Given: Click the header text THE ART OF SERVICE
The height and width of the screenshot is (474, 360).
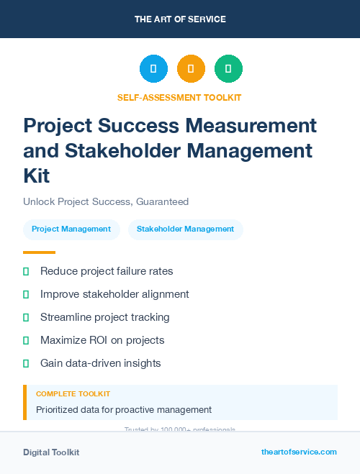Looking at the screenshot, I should click(x=180, y=19).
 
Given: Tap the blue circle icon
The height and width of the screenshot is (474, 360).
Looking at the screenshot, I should click(x=153, y=68).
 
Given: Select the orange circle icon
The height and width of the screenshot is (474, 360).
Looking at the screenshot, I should click(x=191, y=68).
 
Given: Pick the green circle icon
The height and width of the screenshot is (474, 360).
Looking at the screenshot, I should click(x=228, y=68).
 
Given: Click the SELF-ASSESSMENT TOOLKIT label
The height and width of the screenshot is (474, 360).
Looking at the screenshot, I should click(x=179, y=97).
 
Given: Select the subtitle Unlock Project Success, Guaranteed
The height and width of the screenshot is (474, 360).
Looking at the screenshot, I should click(x=106, y=202).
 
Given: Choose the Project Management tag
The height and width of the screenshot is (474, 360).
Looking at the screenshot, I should click(x=71, y=229).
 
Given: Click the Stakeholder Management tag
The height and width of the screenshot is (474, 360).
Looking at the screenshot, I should click(x=185, y=229).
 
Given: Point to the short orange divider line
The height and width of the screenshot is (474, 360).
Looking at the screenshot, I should click(x=39, y=252).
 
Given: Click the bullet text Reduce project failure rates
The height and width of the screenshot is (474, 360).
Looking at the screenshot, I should click(x=107, y=271).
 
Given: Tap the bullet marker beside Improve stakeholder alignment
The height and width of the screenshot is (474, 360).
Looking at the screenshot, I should click(x=26, y=294).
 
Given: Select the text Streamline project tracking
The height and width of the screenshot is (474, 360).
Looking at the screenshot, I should click(x=105, y=317).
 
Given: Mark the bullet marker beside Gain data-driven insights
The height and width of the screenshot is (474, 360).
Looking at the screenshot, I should click(x=26, y=363).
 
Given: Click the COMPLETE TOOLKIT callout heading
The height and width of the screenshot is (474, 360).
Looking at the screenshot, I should click(x=73, y=394).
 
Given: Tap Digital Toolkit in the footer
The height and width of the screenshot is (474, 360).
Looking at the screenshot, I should click(x=51, y=452).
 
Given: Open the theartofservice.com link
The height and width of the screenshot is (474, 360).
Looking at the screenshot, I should click(x=299, y=452).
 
